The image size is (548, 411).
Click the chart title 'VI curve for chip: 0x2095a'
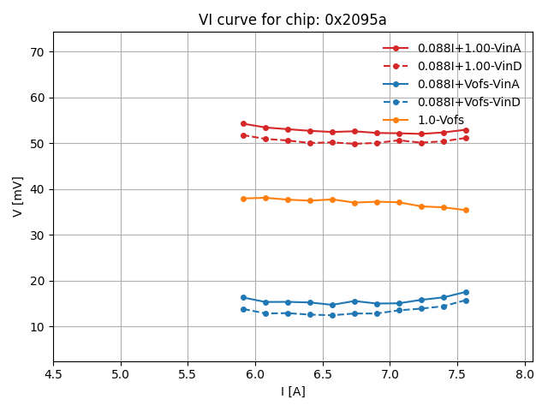click(x=292, y=20)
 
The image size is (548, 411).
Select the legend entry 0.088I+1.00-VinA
click(x=468, y=48)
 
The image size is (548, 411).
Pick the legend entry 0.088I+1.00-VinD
click(x=469, y=66)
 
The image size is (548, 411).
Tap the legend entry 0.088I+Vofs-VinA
click(x=468, y=84)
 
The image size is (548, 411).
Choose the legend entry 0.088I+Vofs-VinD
click(x=468, y=102)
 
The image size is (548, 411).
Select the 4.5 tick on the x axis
click(x=53, y=374)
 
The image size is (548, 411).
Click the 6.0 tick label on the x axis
click(x=255, y=374)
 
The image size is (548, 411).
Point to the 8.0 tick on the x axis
click(x=525, y=374)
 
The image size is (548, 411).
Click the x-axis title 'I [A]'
click(x=293, y=391)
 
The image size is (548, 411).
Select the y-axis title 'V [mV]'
click(x=18, y=196)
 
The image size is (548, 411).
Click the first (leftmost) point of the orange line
click(x=243, y=199)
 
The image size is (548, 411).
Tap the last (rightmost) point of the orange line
click(x=466, y=210)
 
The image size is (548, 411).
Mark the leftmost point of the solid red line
click(x=243, y=123)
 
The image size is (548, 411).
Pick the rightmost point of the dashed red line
click(x=466, y=138)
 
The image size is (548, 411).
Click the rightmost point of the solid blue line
click(x=466, y=292)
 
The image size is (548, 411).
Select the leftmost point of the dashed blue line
click(x=243, y=309)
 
